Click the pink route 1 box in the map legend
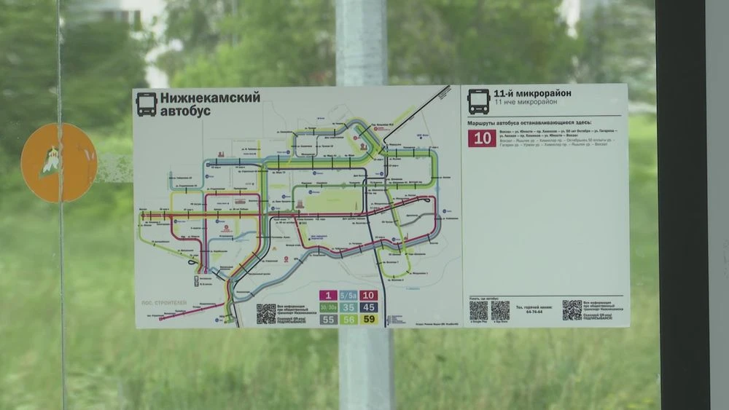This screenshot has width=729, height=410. [329, 296]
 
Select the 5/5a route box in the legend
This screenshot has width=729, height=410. [349, 296]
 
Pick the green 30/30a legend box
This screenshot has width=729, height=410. [329, 307]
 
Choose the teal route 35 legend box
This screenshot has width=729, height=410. [349, 307]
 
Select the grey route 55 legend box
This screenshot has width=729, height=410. [329, 319]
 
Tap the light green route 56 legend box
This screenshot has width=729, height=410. [349, 319]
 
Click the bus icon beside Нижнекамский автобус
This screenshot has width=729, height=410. [146, 103]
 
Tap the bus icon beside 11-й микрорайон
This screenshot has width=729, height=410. [478, 101]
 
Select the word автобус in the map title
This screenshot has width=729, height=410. [185, 111]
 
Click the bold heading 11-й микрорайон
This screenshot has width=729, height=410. [532, 93]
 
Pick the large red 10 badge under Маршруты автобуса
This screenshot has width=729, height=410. [482, 138]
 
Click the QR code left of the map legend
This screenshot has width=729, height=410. [265, 314]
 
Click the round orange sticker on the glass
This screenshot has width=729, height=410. [58, 162]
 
